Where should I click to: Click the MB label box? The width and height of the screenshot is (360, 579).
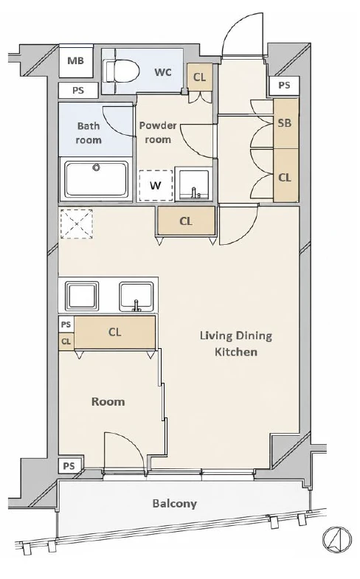(76, 61)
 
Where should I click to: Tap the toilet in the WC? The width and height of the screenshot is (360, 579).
(121, 72)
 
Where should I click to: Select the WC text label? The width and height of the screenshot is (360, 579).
(163, 72)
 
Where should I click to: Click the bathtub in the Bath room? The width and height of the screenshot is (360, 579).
(97, 178)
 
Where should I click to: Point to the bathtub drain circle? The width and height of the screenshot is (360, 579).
(97, 167)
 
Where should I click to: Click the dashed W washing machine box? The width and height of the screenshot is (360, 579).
(156, 185)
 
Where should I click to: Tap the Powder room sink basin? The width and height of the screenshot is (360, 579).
(194, 184)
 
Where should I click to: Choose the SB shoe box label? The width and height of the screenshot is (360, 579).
(285, 123)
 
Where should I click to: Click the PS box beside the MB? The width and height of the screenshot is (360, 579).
(78, 91)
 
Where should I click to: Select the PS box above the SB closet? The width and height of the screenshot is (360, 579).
(284, 86)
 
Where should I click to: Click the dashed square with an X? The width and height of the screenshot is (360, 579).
(77, 224)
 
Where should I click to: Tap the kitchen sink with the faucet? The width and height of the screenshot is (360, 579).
(136, 297)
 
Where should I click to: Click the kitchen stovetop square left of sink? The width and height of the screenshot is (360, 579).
(82, 297)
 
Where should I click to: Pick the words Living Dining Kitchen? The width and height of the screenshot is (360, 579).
(236, 344)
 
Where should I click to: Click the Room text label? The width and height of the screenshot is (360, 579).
(108, 402)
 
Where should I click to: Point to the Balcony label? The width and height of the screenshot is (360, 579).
(175, 504)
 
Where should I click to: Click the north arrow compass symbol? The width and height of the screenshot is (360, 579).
(336, 539)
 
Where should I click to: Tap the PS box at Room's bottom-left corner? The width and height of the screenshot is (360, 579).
(69, 466)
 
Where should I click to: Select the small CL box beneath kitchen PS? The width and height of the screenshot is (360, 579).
(66, 341)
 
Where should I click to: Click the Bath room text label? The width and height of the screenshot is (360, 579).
(89, 133)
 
